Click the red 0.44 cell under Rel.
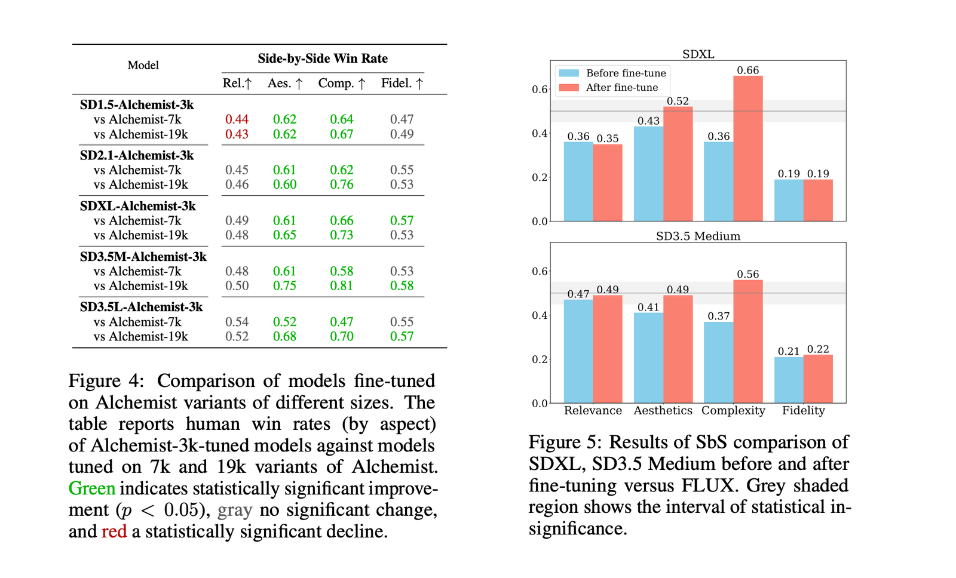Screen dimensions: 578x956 237,119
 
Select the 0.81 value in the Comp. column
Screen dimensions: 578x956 342,286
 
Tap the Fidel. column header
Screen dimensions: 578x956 402,84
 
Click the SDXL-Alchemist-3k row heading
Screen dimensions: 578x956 138,206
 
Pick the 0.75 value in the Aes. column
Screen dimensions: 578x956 284,286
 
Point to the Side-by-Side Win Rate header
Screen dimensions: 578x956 323,59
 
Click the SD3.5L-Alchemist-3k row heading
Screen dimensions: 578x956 142,307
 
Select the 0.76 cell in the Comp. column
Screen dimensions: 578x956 342,185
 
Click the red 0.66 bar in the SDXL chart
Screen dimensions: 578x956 748,149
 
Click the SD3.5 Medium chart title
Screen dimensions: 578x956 698,236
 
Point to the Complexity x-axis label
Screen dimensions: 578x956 733,411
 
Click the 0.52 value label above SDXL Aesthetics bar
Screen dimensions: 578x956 678,102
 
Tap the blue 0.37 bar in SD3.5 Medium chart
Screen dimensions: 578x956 719,362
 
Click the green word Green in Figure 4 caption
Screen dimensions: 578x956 92,488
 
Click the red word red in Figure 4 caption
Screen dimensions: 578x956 114,531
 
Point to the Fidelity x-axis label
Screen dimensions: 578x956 803,411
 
